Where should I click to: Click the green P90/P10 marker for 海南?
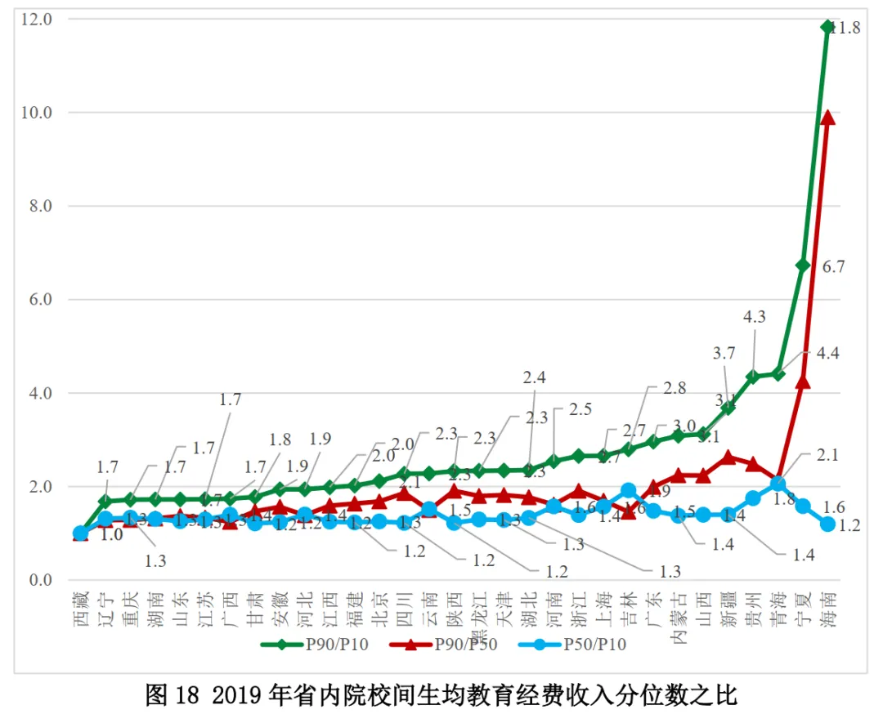coord(827,27)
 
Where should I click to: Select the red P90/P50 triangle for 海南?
coord(827,118)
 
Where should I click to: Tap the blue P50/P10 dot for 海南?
coord(827,524)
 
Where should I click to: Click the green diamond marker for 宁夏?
coord(803,266)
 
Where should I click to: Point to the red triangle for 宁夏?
coord(803,382)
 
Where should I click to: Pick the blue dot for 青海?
coord(778,484)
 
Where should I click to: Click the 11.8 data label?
coord(846,29)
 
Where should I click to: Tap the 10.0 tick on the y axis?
coord(38,113)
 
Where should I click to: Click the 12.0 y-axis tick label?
coord(38,19)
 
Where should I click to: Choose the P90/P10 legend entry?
coord(315,645)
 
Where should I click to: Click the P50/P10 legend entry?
coord(572,645)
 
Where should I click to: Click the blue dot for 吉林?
coord(628,491)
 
